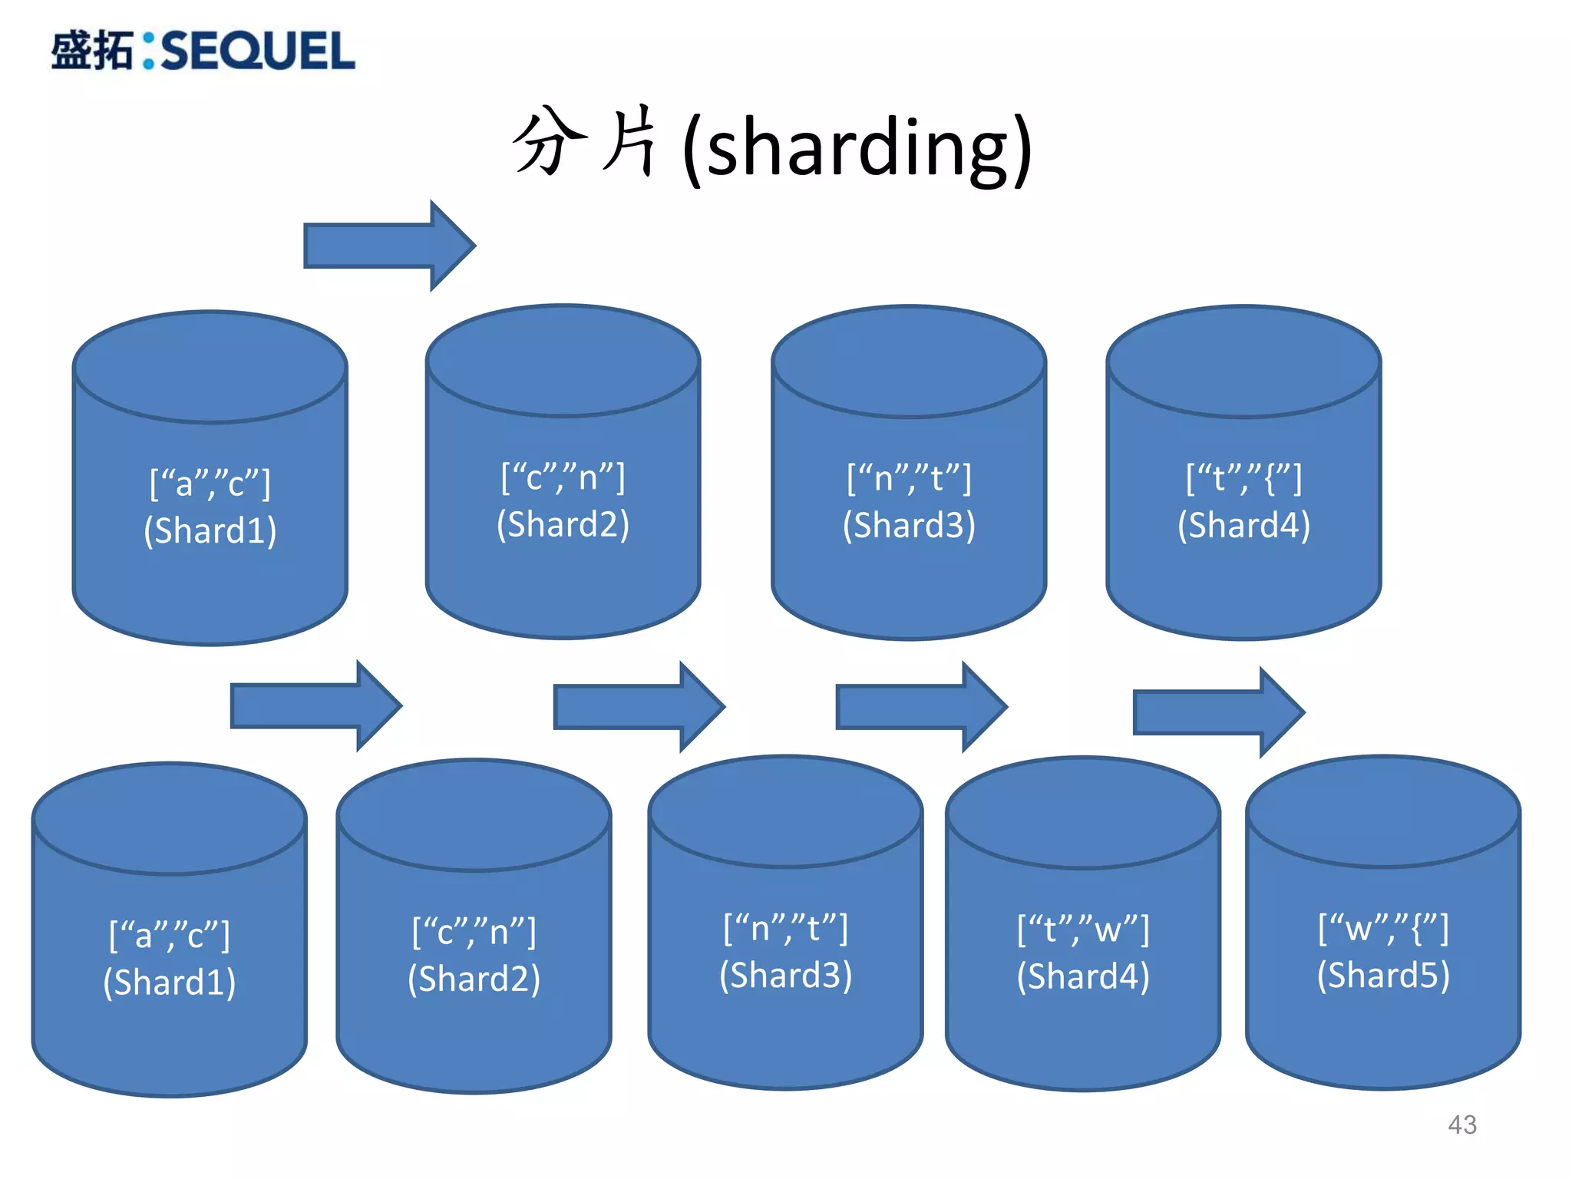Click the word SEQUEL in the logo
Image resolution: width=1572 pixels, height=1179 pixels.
click(258, 51)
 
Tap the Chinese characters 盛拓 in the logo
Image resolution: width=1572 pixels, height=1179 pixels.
click(92, 51)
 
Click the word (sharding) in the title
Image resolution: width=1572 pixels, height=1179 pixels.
click(857, 148)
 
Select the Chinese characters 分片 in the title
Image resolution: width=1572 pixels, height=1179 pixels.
click(585, 144)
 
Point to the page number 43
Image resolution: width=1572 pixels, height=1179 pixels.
click(1461, 1125)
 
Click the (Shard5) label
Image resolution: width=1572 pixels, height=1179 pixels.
click(1383, 976)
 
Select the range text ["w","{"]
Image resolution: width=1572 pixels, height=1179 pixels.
click(1383, 929)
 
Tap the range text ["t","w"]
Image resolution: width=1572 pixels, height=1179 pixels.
click(1083, 930)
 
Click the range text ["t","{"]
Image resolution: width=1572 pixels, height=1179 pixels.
click(1243, 478)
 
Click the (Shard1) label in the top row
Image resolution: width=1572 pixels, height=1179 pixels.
click(210, 530)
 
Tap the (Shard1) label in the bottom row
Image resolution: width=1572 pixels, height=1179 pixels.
click(170, 982)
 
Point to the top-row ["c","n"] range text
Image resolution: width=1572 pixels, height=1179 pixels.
click(563, 477)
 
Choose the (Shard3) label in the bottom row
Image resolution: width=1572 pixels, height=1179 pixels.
click(785, 976)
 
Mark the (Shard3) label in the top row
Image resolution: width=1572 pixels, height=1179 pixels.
click(909, 526)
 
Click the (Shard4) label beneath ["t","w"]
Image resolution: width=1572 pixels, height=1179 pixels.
click(1083, 977)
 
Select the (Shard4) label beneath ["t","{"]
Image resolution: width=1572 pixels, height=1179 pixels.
click(1243, 526)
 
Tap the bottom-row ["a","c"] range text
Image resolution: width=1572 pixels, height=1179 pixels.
click(170, 935)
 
